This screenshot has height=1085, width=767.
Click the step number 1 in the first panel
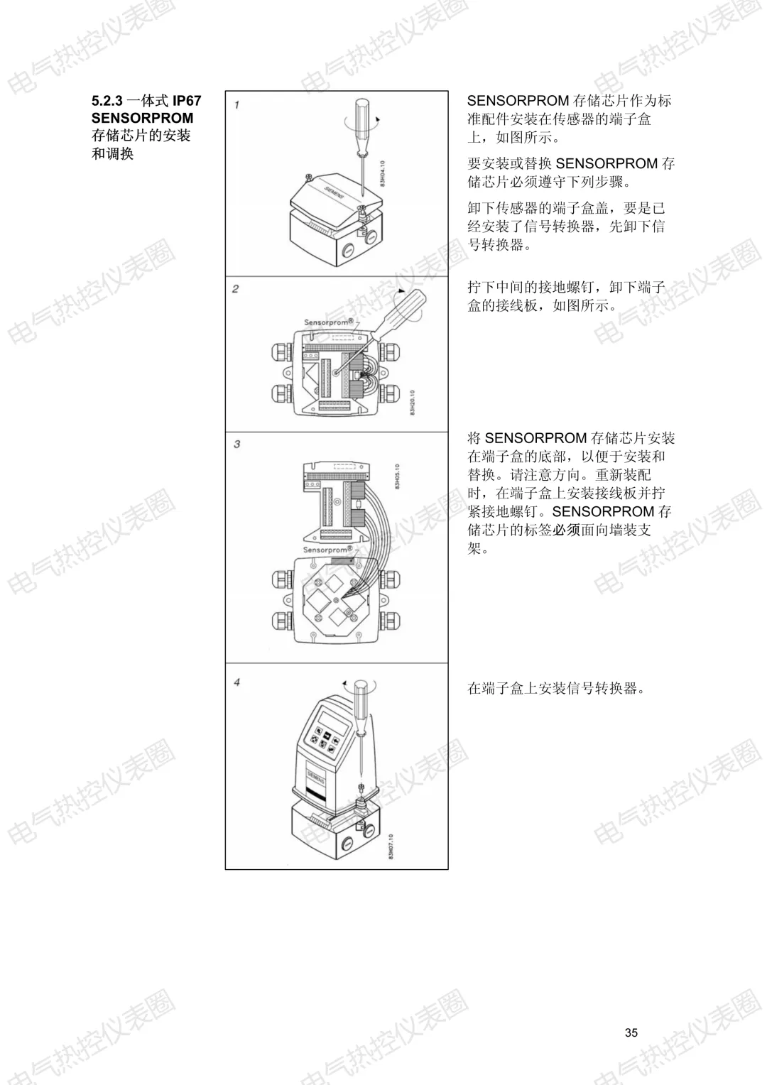[x=236, y=104]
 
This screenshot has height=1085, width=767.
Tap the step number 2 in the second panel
[x=236, y=289]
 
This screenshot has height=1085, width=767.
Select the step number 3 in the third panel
[x=236, y=444]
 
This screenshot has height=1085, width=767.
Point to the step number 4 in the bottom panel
[x=236, y=682]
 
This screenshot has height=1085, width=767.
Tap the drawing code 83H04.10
[x=382, y=174]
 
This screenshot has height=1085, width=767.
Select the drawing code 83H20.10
[x=413, y=402]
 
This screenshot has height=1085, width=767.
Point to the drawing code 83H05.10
[x=397, y=477]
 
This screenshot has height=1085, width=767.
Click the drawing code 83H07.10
[x=391, y=846]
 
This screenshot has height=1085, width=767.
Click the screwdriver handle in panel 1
[x=362, y=125]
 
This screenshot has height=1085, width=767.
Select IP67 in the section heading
[x=187, y=101]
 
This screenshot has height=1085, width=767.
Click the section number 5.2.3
[x=107, y=101]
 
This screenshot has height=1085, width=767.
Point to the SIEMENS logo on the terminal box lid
[x=334, y=192]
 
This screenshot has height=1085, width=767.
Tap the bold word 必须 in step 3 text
[x=567, y=530]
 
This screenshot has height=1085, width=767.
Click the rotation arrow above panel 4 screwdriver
[x=359, y=684]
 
